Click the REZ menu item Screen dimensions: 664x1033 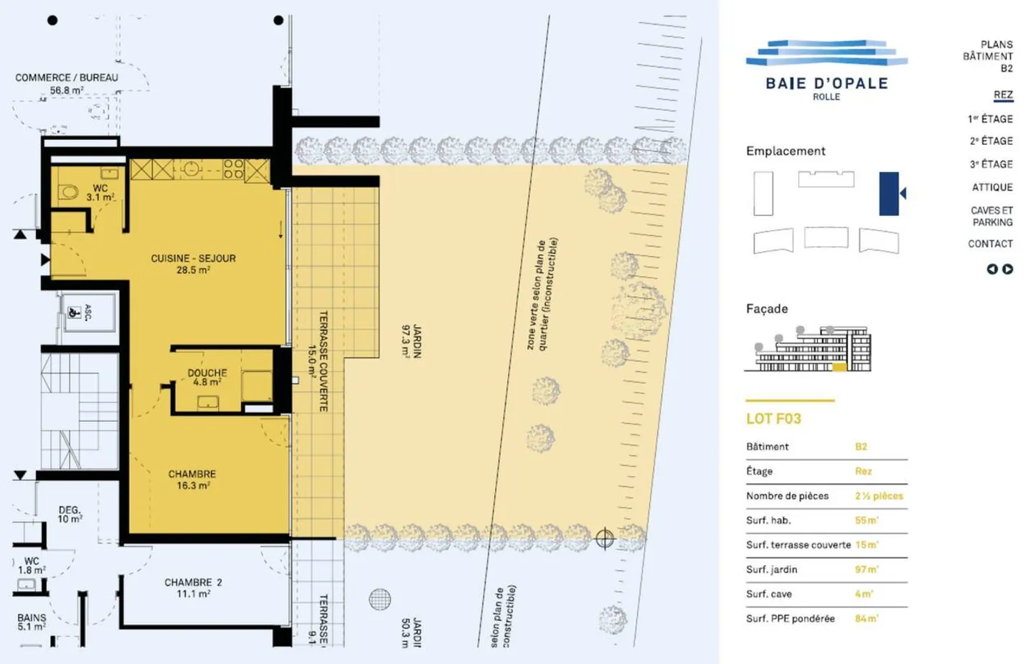click(1003, 95)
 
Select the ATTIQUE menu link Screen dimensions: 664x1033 click(992, 187)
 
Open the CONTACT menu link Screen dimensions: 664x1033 click(990, 244)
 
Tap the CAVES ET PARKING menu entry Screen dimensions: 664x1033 click(991, 216)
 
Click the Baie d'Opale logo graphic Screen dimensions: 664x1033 click(826, 54)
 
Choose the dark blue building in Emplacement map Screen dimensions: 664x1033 click(889, 193)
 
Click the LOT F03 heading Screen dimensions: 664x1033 click(773, 419)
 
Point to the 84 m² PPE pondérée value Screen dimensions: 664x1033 click(867, 618)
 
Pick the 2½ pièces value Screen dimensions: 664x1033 click(879, 495)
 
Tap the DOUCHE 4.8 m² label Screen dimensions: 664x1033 click(207, 377)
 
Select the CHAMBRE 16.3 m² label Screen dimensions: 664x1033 click(192, 480)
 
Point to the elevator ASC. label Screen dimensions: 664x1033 click(88, 312)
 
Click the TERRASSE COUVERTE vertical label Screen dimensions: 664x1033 click(323, 361)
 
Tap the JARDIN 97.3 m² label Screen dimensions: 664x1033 click(411, 341)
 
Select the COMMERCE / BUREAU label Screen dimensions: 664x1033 click(67, 77)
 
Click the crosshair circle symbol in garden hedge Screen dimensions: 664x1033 click(605, 538)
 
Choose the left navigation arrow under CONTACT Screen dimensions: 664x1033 click(992, 269)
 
